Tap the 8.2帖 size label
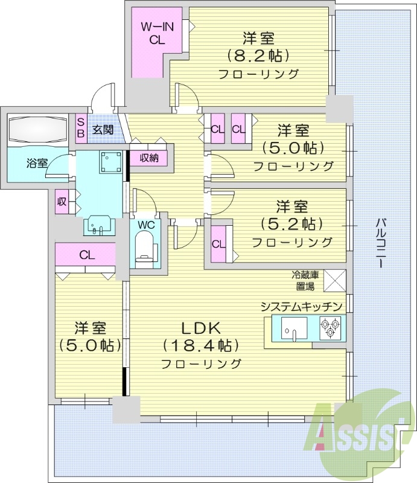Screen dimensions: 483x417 (x=259, y=56)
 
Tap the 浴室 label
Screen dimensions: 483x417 (x=37, y=163)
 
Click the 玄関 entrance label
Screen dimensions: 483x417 (x=103, y=129)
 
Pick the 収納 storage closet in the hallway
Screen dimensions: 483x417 (x=150, y=158)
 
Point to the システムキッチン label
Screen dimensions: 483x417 (x=302, y=307)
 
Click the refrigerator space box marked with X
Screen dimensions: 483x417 (x=335, y=280)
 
